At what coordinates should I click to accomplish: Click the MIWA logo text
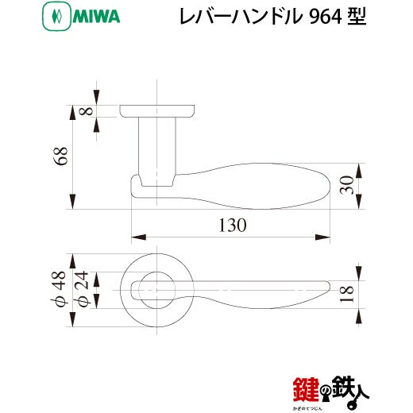[x=96, y=17]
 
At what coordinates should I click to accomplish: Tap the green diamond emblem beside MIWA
[x=56, y=17]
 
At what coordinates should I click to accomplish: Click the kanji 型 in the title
[x=357, y=17]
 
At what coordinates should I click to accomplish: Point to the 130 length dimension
[x=233, y=226]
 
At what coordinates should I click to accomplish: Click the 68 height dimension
[x=61, y=156]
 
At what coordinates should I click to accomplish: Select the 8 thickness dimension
[x=87, y=111]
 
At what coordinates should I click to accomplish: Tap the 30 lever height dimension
[x=347, y=185]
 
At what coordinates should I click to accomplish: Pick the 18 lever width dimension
[x=347, y=294]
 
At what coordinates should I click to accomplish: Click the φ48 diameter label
[x=58, y=288]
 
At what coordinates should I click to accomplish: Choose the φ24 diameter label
[x=81, y=288]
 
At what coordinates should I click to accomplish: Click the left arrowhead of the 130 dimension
[x=139, y=237]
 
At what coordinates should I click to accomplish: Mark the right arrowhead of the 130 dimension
[x=322, y=237]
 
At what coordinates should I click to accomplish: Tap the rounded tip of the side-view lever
[x=330, y=186]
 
